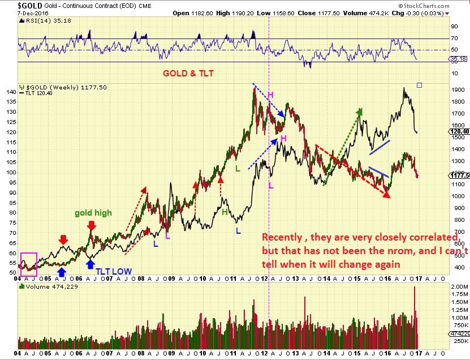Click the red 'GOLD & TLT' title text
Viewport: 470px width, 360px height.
(188, 74)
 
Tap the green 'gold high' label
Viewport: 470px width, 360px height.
(93, 213)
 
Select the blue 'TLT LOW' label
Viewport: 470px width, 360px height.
(114, 271)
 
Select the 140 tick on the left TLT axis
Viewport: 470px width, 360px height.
(11, 91)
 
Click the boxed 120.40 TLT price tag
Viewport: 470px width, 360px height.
(460, 131)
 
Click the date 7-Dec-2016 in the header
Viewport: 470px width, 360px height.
(19, 13)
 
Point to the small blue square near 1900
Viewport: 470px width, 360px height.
(419, 85)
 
